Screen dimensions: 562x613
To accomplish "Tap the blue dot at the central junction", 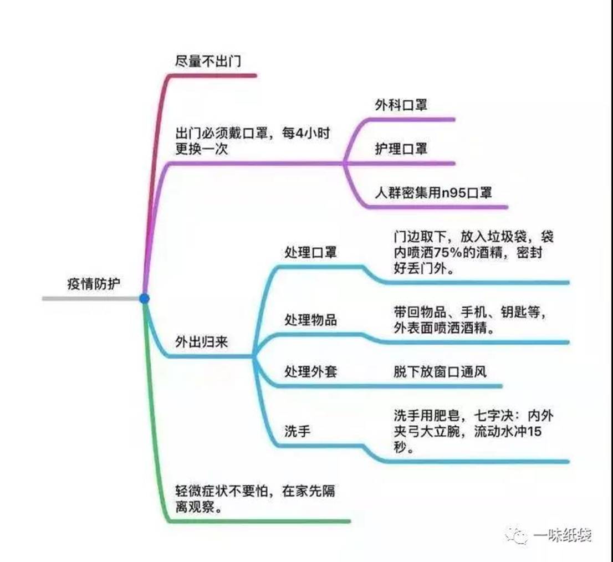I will click(x=144, y=299).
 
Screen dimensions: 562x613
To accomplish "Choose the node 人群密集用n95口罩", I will click(x=433, y=193).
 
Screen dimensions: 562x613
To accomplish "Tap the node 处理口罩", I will click(x=310, y=253).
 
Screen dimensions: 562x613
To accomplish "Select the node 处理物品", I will click(x=310, y=320).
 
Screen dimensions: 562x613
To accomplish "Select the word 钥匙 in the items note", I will click(x=508, y=312).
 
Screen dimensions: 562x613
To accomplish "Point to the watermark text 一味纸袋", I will click(x=563, y=535).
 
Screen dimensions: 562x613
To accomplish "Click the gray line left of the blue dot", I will click(x=89, y=299).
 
